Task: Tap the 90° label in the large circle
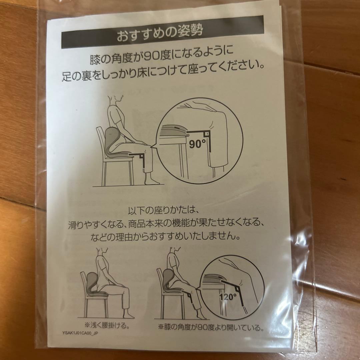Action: [x=197, y=144]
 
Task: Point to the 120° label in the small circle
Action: [x=227, y=295]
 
